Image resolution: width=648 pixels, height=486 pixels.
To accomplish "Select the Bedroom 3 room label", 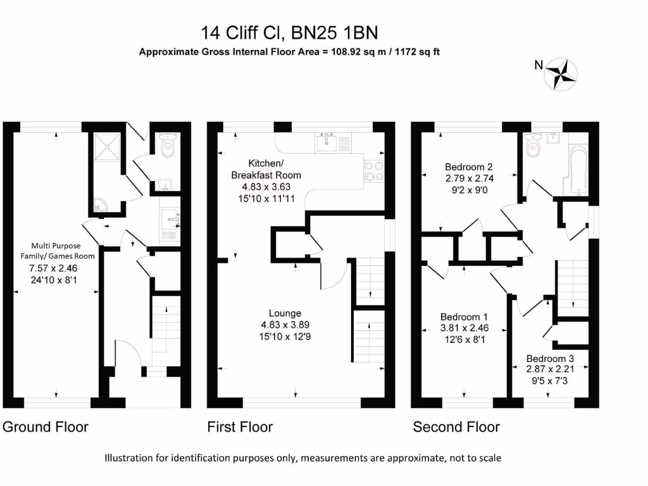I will click(x=550, y=358).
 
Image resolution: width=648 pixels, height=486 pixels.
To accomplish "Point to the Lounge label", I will click(x=285, y=313).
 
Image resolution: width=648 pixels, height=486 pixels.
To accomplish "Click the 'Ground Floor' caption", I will click(x=46, y=427).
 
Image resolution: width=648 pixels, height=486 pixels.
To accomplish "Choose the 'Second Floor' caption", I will click(x=456, y=427).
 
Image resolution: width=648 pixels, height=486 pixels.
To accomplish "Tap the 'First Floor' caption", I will click(x=240, y=427).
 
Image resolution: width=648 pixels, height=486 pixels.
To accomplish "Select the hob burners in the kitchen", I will click(x=373, y=170).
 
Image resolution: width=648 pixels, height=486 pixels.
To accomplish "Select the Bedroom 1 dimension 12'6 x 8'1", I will click(x=465, y=339).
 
